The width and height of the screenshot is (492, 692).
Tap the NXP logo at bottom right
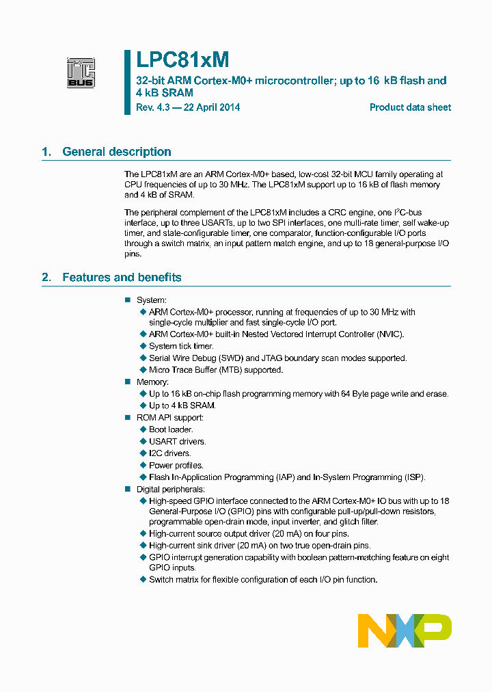(405, 630)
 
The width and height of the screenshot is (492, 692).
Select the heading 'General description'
(117, 152)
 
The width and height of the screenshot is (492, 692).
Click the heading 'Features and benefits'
(122, 277)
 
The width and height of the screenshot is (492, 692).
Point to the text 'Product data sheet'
(410, 107)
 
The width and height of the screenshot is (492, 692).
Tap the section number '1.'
(46, 152)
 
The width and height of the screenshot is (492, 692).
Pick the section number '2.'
(46, 277)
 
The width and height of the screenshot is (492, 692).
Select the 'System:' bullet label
(152, 300)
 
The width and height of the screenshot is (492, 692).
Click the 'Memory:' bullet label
(152, 382)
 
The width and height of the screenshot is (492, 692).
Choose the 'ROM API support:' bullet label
(170, 418)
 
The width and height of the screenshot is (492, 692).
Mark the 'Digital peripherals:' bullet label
(171, 489)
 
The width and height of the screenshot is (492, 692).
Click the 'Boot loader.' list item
(171, 429)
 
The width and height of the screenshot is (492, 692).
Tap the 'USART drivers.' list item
(177, 442)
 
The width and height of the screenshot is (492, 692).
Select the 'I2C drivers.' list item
(170, 453)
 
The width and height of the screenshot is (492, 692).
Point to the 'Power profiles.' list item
(176, 465)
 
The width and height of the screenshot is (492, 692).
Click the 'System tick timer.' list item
(181, 347)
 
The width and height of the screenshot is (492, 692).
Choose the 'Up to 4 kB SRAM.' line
(182, 405)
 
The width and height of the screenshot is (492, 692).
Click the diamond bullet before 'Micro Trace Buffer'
(143, 370)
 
